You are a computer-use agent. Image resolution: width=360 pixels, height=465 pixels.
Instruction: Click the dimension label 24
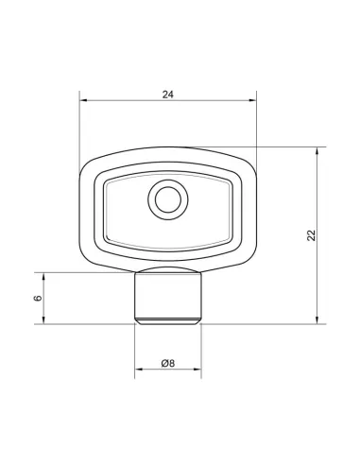click(x=168, y=95)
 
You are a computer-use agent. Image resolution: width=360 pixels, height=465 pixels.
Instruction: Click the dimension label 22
click(x=311, y=235)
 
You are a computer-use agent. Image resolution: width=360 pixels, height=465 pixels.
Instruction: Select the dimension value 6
click(x=38, y=298)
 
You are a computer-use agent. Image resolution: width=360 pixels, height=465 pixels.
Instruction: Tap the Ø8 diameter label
click(x=168, y=363)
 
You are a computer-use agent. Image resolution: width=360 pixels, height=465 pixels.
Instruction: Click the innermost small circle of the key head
click(x=168, y=199)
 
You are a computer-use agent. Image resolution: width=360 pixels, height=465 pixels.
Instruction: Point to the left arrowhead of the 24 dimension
click(x=83, y=100)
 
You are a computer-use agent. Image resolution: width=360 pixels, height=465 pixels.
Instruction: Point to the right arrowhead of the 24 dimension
click(x=253, y=100)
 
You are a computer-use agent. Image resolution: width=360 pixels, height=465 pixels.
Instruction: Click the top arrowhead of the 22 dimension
click(x=317, y=151)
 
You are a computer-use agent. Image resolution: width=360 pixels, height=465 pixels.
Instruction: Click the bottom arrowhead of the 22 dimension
click(x=317, y=319)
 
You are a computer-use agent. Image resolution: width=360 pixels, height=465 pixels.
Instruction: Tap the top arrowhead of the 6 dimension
click(x=43, y=277)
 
